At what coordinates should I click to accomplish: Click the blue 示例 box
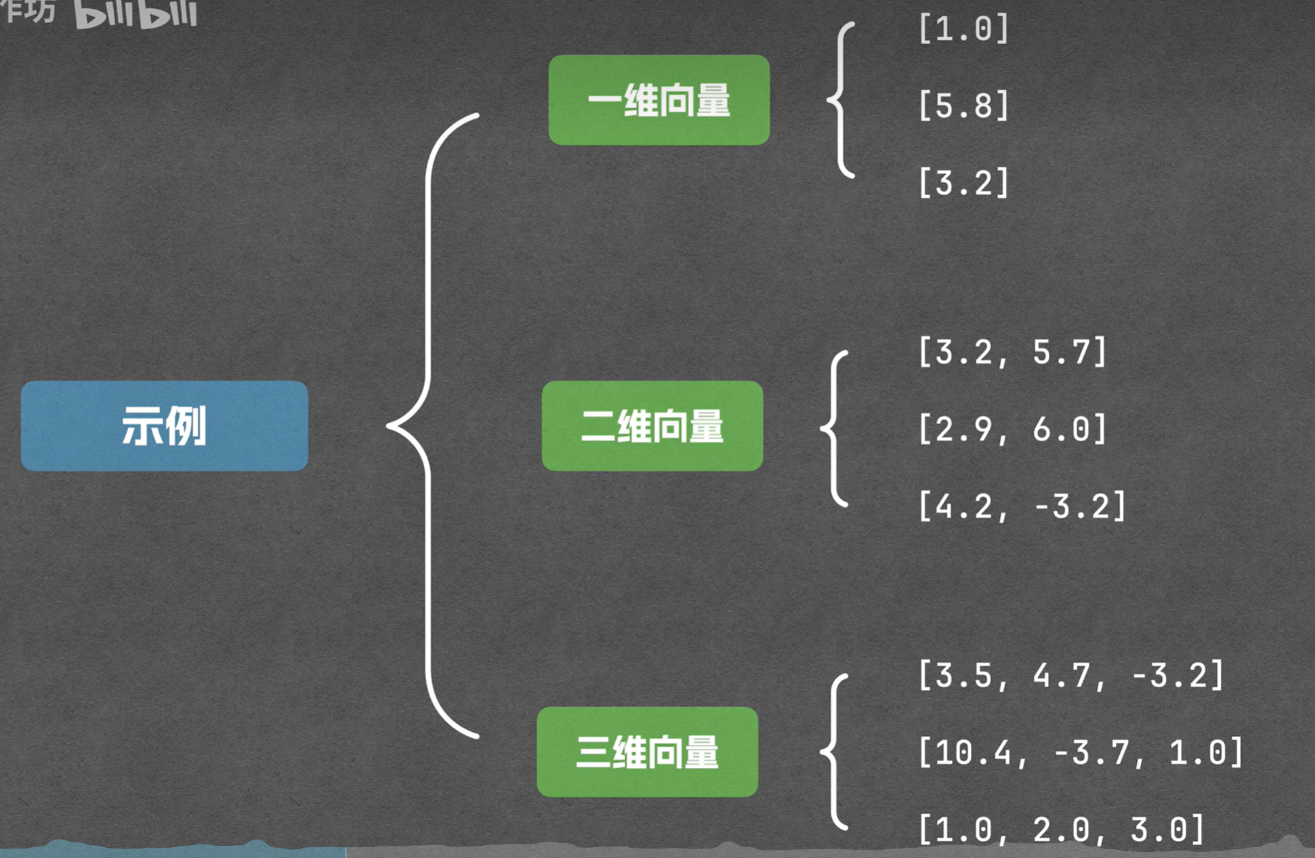click(x=165, y=426)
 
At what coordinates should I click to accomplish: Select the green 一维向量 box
click(x=659, y=100)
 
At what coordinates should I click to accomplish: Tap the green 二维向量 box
click(x=652, y=426)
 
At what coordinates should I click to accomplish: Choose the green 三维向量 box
click(x=647, y=752)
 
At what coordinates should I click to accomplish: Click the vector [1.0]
click(x=963, y=29)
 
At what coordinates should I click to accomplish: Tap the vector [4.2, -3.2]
click(x=1022, y=506)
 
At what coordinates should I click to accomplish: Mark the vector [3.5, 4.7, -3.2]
click(x=1070, y=676)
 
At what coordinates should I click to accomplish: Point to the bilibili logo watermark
click(x=135, y=14)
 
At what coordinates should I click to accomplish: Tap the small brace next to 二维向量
click(x=835, y=428)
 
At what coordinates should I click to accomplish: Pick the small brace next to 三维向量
click(x=835, y=752)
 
